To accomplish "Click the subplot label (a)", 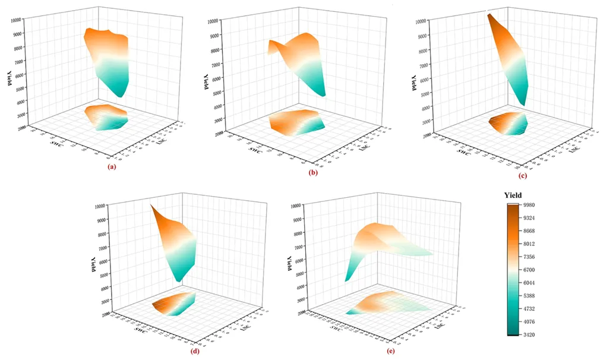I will pos(110,167).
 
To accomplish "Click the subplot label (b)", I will pos(312,173).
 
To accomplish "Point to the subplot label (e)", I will pos(391,350).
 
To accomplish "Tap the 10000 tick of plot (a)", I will pos(17,20).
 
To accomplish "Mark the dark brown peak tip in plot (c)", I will pos(489,15).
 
